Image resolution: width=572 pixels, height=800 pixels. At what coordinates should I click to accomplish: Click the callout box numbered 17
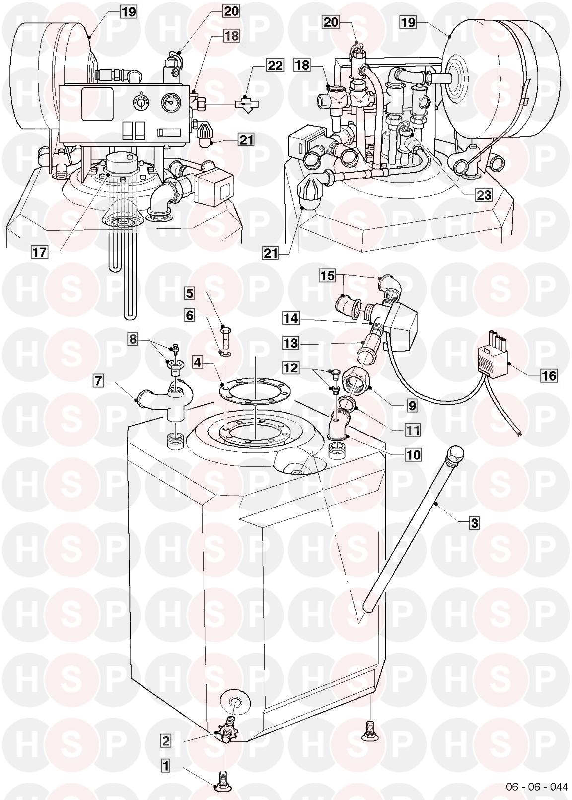(40, 252)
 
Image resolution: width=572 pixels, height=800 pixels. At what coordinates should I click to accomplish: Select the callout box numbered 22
(274, 66)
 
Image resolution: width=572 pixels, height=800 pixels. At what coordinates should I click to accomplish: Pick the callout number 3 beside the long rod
(474, 523)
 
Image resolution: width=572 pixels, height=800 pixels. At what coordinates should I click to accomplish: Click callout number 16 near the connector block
(549, 376)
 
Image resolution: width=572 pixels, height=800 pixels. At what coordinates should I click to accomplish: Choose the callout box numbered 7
(98, 381)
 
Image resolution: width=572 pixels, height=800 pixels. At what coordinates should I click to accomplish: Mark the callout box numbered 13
(291, 343)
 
